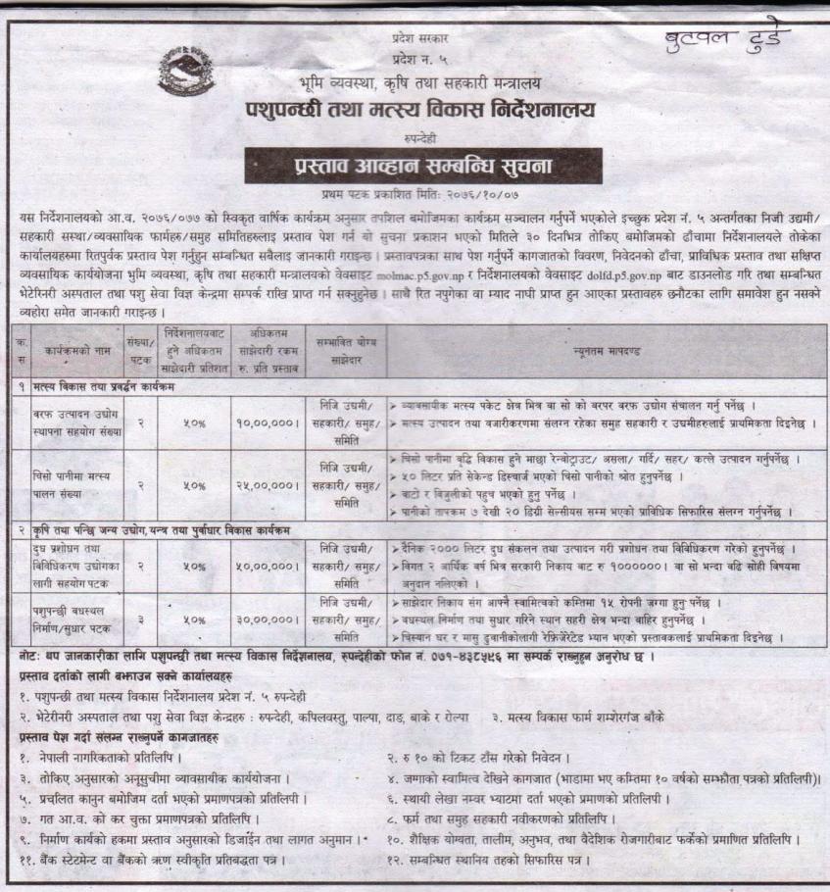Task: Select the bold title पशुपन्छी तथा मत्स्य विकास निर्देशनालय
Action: (414, 110)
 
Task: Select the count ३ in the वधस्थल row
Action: (144, 619)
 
